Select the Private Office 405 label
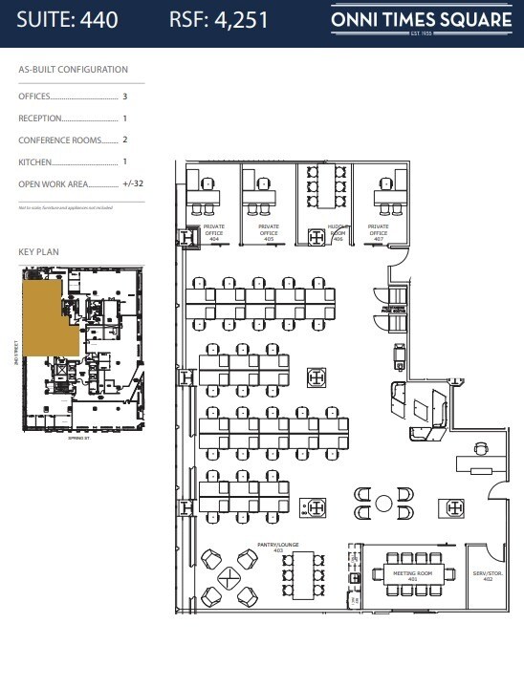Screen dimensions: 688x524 click(268, 232)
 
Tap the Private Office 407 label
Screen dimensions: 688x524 click(379, 232)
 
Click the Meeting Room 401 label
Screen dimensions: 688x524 click(412, 576)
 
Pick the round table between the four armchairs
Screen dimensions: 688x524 click(383, 503)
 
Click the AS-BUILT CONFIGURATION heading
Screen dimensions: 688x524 click(73, 70)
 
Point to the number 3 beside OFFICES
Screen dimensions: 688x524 click(124, 97)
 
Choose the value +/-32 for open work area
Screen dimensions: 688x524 click(134, 184)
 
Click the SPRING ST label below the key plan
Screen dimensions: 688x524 click(78, 440)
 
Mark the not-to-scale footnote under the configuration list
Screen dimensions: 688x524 click(65, 206)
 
